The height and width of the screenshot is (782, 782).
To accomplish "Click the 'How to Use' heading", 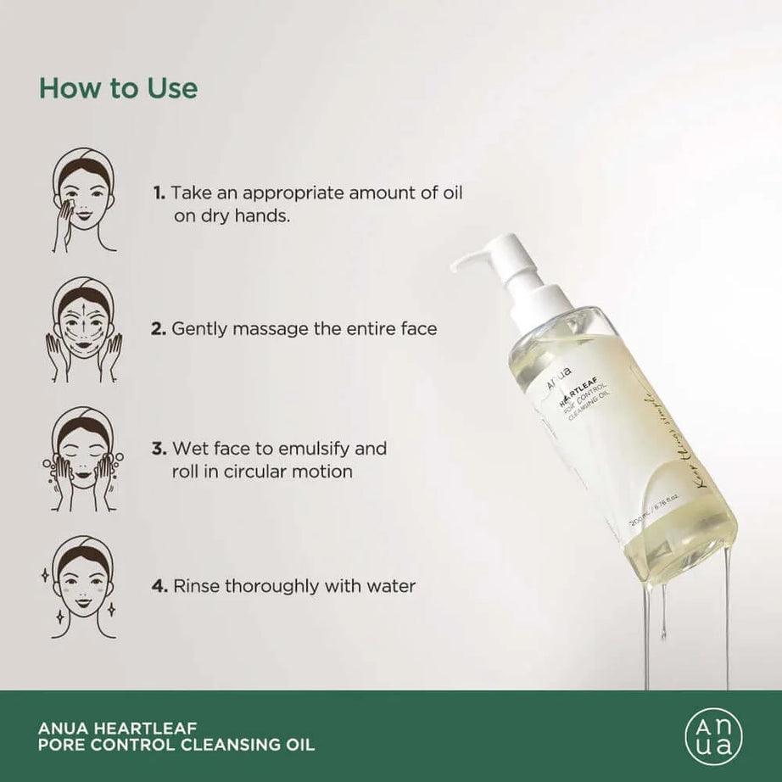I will coord(118,88).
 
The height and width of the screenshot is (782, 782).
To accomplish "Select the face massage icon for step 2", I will coord(82,327).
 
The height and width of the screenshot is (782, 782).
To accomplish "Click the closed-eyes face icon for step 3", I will coord(82,459).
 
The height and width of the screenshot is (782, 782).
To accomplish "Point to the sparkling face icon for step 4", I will coord(82,586).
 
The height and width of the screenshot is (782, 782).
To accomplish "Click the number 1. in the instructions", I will coord(159,193).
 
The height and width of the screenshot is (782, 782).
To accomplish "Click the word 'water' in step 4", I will coord(391,586).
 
